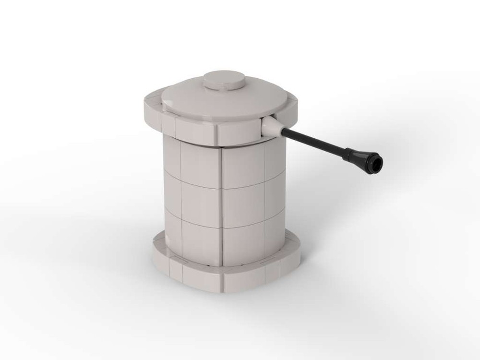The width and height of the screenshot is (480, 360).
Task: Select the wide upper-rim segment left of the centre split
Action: tap(194, 129)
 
